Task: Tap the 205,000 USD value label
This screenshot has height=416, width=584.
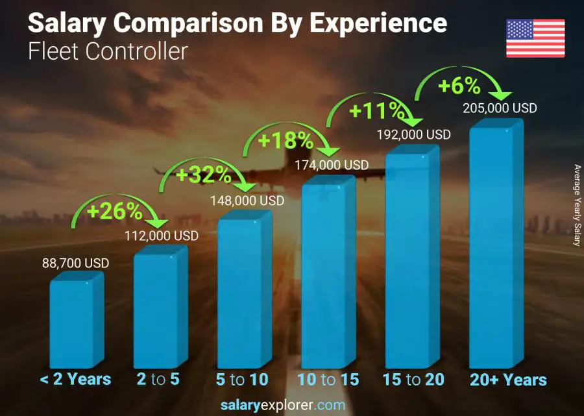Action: (x=500, y=108)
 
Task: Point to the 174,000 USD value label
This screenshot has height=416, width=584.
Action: (x=332, y=165)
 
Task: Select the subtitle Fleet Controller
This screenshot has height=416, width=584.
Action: (x=107, y=51)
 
